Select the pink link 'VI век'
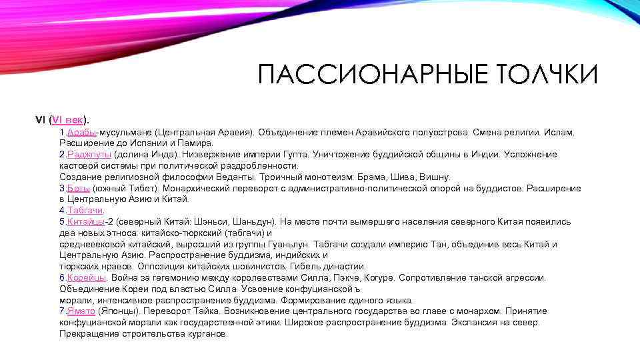(x=68, y=120)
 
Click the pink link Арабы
(x=82, y=132)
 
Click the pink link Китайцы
(x=86, y=221)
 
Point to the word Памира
(x=197, y=143)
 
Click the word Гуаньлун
(x=289, y=244)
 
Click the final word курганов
(x=209, y=333)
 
